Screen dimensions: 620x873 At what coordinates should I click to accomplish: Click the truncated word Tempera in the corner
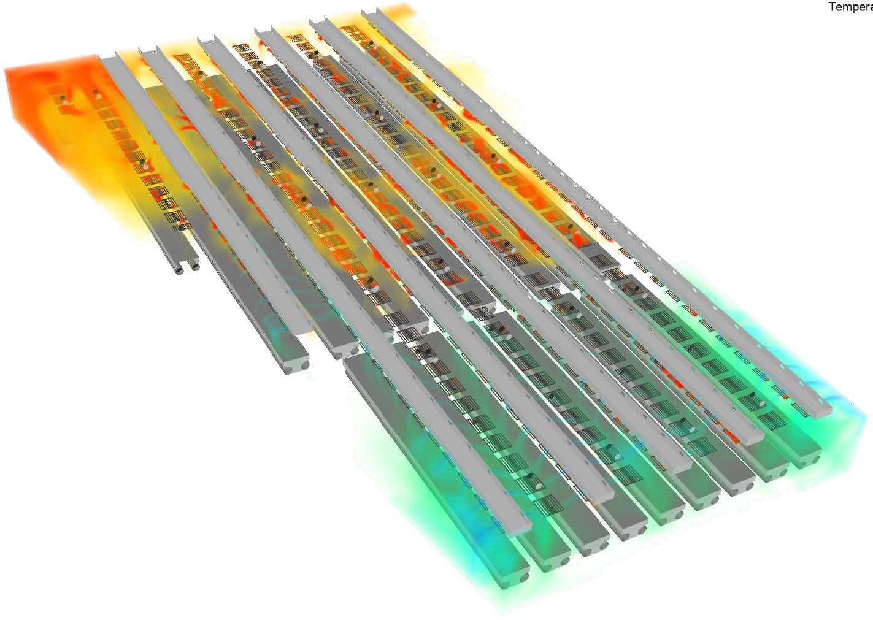tap(850, 7)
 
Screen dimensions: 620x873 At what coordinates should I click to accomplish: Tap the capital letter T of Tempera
tap(832, 7)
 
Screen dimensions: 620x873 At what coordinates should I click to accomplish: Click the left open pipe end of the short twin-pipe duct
tap(180, 269)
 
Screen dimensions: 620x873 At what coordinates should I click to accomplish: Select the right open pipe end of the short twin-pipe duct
tap(195, 267)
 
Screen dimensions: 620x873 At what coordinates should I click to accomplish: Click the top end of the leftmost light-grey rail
tap(107, 58)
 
